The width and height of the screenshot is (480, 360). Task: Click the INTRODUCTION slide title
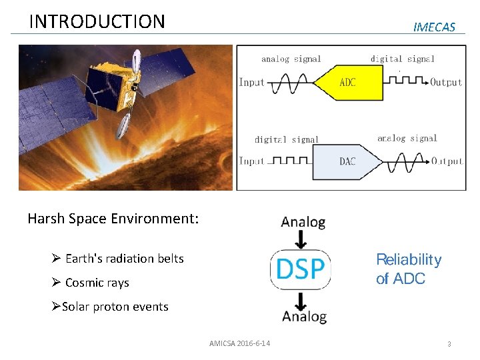97,21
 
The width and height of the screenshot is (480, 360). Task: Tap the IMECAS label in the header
434,27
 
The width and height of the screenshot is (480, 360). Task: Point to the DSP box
301,269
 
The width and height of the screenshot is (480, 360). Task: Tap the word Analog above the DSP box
303,222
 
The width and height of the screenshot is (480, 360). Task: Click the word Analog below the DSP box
304,316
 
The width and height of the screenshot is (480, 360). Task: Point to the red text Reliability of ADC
408,269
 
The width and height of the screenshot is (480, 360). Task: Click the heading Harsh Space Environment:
113,218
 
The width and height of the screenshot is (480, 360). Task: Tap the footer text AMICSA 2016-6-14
239,343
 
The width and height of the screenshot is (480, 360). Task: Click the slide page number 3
449,344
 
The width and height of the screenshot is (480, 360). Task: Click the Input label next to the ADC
252,83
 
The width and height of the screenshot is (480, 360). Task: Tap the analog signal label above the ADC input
291,59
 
